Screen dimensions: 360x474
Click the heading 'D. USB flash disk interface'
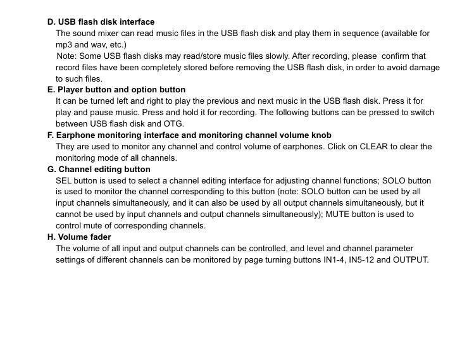(x=101, y=22)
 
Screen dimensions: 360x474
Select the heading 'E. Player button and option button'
(x=116, y=90)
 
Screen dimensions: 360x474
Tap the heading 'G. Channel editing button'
(x=99, y=170)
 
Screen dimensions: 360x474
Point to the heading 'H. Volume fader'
(x=79, y=237)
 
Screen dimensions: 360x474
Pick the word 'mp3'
(x=64, y=45)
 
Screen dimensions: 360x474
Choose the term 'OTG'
(x=173, y=124)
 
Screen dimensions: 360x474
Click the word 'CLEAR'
(x=373, y=147)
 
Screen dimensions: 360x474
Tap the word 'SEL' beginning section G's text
(x=64, y=181)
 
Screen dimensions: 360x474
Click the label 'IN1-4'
(x=334, y=260)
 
